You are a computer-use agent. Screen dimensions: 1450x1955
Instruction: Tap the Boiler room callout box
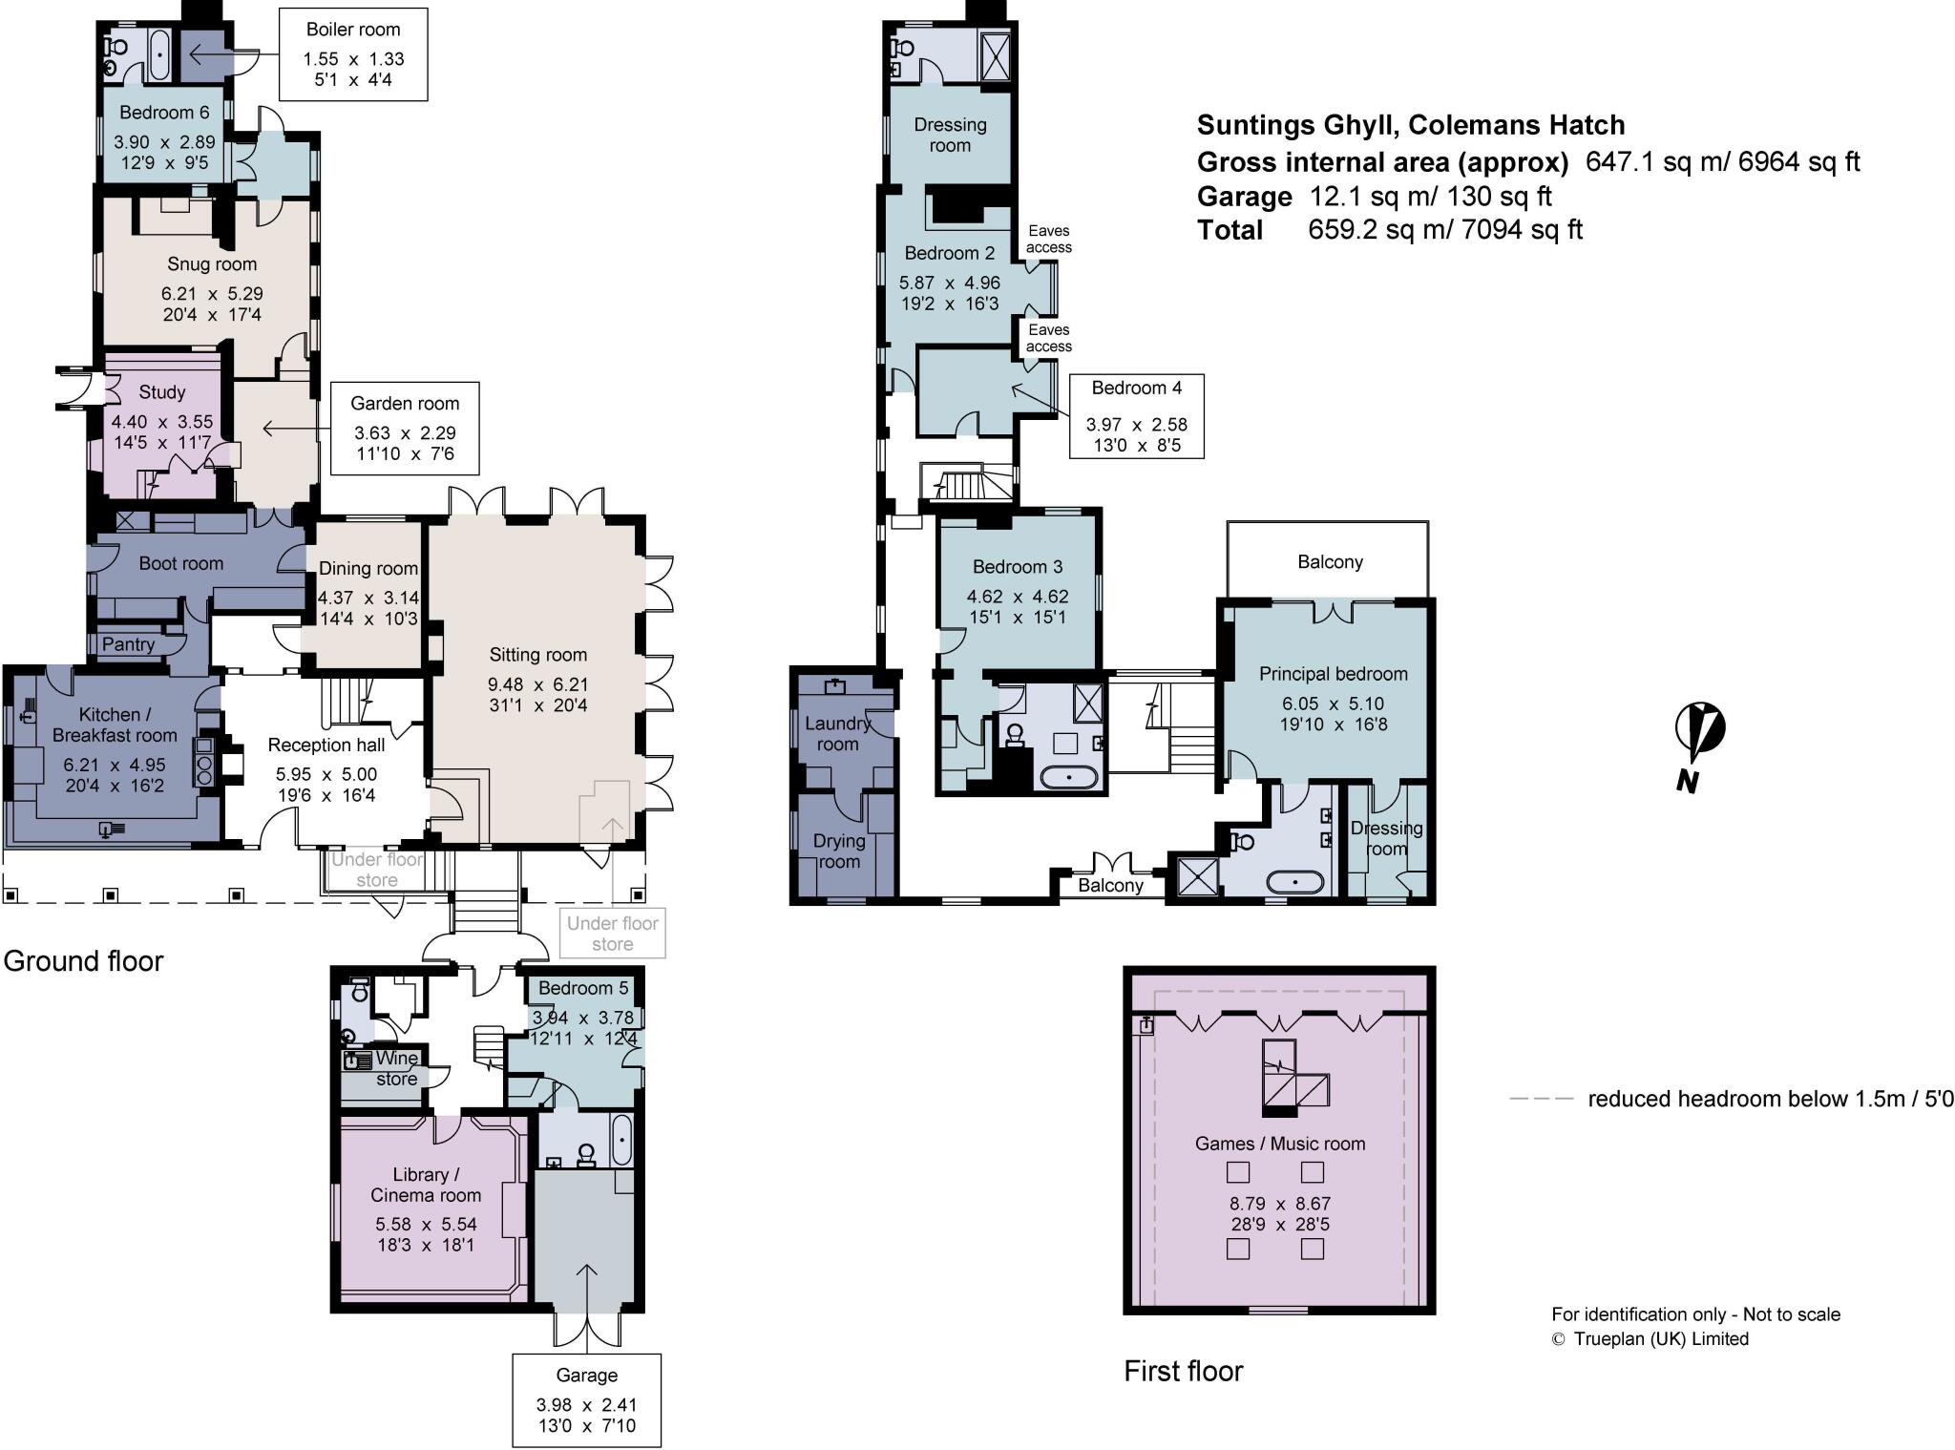(353, 55)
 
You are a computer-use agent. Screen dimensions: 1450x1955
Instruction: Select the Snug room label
(212, 264)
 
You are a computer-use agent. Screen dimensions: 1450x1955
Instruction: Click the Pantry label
(128, 644)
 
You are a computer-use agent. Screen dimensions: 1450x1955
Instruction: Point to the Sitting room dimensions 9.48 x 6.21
(538, 684)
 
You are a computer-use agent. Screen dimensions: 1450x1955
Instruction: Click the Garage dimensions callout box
(586, 1400)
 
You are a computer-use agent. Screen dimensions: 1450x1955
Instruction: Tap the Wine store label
(396, 1068)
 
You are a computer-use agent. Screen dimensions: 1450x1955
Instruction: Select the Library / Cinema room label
(426, 1185)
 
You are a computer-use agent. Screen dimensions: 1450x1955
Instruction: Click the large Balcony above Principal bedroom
(1329, 561)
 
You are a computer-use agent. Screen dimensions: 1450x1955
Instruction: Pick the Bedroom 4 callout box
(1136, 416)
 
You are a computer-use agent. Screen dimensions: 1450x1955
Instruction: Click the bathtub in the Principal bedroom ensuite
(1294, 881)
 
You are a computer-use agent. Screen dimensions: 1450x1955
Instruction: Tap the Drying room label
(839, 851)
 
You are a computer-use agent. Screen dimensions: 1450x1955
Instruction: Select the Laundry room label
(837, 733)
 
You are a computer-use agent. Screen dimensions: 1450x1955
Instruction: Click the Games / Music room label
(1280, 1144)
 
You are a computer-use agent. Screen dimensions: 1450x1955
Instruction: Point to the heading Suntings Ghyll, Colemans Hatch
(1411, 125)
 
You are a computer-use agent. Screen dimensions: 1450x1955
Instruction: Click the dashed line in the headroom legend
(1541, 1099)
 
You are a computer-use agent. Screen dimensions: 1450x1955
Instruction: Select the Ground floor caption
(84, 960)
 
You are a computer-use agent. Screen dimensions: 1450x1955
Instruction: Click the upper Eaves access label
(1049, 239)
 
